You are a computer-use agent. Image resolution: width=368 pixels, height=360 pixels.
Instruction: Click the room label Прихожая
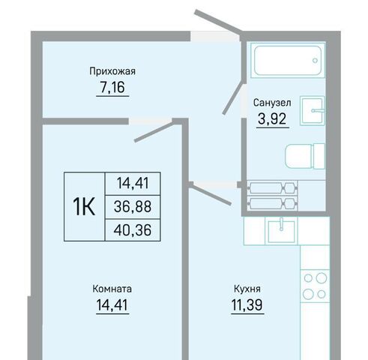112,71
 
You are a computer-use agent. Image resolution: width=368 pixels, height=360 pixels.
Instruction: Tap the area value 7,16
112,88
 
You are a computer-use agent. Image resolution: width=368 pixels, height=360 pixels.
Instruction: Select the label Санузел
272,103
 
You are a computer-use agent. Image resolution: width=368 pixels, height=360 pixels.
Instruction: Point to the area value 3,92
272,118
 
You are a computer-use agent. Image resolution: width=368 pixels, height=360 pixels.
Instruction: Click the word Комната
112,289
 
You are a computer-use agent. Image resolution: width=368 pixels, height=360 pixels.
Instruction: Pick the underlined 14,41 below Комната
112,305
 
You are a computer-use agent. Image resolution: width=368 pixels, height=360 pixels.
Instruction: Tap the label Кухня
247,289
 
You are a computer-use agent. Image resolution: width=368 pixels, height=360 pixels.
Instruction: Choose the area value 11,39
247,305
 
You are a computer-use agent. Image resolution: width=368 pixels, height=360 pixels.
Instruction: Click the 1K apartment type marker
84,206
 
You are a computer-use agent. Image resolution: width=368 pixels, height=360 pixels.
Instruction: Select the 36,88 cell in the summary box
133,207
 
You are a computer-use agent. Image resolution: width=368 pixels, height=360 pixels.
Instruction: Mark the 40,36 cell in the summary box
133,230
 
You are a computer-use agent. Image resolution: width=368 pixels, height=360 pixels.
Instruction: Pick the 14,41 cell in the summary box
133,183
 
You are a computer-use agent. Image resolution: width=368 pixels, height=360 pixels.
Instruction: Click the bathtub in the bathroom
288,60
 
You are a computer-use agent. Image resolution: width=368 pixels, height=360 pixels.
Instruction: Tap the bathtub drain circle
315,60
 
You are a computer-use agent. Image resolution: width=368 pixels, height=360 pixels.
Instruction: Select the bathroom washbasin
313,110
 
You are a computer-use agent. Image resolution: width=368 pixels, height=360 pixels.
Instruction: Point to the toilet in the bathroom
305,156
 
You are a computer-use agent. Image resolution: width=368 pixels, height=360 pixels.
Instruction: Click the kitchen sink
281,231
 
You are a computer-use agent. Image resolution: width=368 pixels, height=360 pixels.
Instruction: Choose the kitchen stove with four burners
315,286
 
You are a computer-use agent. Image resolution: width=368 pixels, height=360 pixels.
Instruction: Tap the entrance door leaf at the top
218,22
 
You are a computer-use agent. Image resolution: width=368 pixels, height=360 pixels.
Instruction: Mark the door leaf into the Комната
154,132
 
